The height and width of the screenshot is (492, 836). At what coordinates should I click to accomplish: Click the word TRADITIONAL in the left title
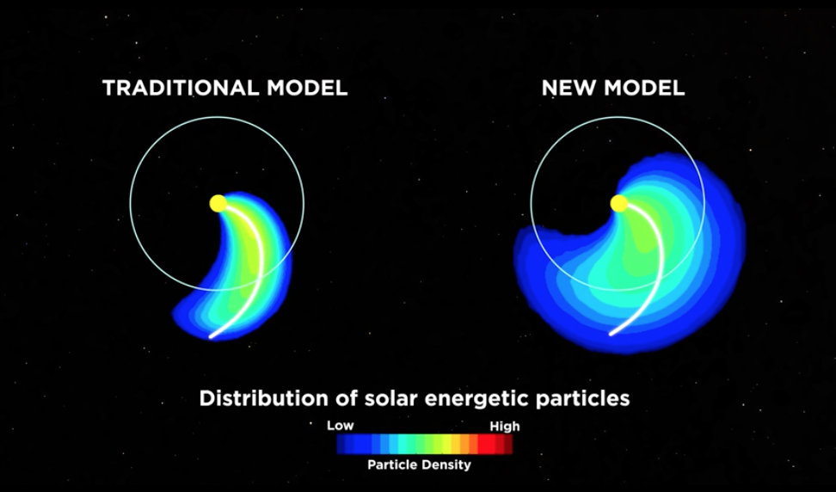pos(181,88)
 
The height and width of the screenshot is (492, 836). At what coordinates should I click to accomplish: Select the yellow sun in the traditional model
pos(218,203)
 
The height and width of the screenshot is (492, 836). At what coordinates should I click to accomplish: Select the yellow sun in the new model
pos(619,203)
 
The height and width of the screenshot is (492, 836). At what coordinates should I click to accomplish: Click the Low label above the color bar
pos(340,426)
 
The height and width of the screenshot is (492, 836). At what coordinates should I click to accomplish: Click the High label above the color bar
pos(504,427)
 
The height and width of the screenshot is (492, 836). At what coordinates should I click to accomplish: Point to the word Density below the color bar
pos(446,464)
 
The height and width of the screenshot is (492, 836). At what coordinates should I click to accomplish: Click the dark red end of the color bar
pos(508,444)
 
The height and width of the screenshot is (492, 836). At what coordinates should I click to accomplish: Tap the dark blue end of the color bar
pos(341,444)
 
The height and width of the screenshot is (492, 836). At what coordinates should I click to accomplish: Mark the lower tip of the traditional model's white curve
pos(211,337)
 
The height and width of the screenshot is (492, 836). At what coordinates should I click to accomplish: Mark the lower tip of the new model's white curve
pos(612,335)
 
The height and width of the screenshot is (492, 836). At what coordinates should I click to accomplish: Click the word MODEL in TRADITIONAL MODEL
pos(308,88)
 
